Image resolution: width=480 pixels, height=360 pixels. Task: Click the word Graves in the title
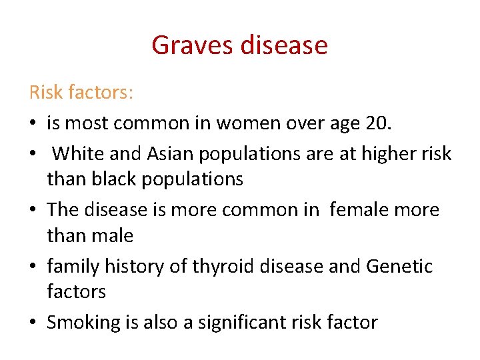click(x=189, y=45)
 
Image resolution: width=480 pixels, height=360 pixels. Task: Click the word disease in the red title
click(x=280, y=45)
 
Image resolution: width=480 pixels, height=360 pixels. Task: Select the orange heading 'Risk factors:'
click(x=81, y=93)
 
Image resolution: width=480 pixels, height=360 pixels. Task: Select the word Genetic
click(x=399, y=267)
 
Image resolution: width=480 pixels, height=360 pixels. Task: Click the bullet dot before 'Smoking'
click(x=33, y=323)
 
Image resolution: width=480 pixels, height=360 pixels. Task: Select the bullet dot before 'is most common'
click(x=33, y=123)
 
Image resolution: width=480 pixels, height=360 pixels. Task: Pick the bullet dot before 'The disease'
click(x=33, y=210)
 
